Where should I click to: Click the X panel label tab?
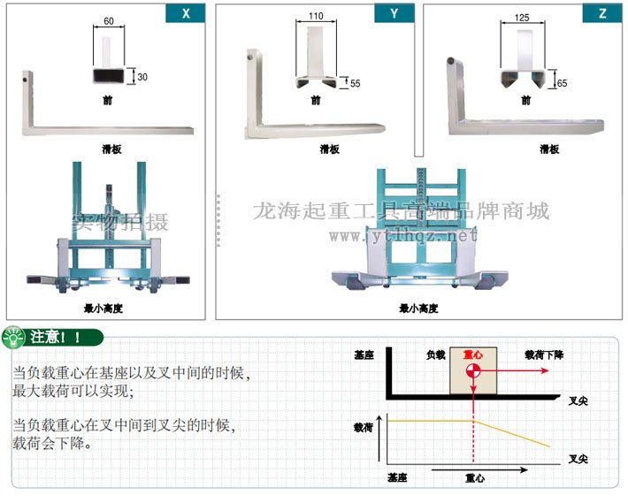coord(186,13)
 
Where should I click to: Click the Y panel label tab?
coord(394,13)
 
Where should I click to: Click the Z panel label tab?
coord(601,13)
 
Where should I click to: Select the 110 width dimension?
coord(316,16)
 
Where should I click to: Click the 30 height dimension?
coord(142,77)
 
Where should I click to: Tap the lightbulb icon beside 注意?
coord(15,338)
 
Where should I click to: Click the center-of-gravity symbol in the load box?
coord(474,363)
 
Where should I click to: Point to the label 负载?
coord(435,354)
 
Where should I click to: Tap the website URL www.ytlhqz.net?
coord(403,236)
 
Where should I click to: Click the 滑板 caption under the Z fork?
coord(548,149)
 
